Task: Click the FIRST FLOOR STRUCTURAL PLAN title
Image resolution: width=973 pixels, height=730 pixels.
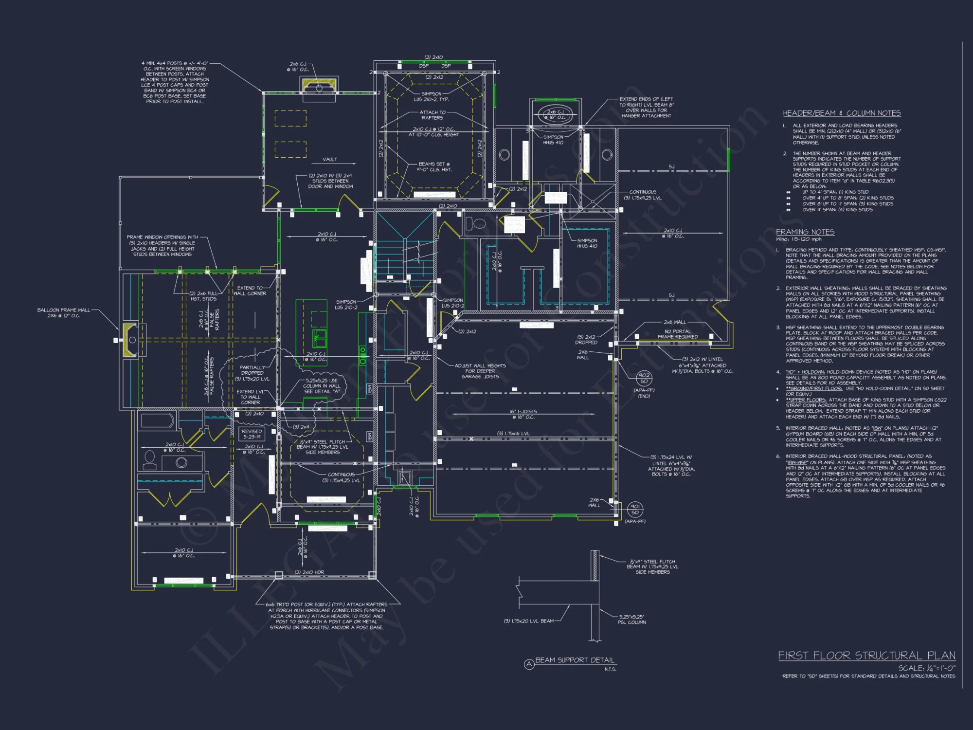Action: tap(866, 656)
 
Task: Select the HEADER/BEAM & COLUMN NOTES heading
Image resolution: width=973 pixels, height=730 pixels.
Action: tap(842, 113)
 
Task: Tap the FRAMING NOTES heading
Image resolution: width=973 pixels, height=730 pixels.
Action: tap(805, 232)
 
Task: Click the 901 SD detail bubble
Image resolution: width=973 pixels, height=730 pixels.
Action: tap(635, 510)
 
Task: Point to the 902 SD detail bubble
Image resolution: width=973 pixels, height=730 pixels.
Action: tap(644, 378)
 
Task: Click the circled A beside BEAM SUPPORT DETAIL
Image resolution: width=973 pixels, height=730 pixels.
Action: tap(529, 664)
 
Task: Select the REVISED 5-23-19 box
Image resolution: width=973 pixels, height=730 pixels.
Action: tap(252, 434)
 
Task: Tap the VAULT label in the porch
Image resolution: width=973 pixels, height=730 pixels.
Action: tap(329, 159)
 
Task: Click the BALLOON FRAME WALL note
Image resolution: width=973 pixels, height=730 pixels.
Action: tap(64, 313)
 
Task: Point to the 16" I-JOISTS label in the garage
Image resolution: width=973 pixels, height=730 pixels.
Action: tap(523, 414)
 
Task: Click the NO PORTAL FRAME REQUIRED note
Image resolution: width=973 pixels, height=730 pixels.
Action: tap(677, 334)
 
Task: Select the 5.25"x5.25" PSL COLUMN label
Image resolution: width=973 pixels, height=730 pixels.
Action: tap(631, 620)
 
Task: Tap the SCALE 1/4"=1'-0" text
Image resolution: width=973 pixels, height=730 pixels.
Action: tap(926, 668)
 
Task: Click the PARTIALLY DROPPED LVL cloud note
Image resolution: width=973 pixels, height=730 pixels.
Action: tap(252, 373)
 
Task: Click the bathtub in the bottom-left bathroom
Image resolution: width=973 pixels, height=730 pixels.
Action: tap(157, 421)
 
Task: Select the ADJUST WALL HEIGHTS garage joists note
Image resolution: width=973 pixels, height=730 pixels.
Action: tap(480, 371)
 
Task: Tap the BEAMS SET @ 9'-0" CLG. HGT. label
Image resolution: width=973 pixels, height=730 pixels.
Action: tap(434, 167)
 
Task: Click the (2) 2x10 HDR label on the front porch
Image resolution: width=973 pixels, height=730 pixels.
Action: tap(309, 572)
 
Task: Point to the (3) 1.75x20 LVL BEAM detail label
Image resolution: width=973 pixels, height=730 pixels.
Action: tap(528, 621)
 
